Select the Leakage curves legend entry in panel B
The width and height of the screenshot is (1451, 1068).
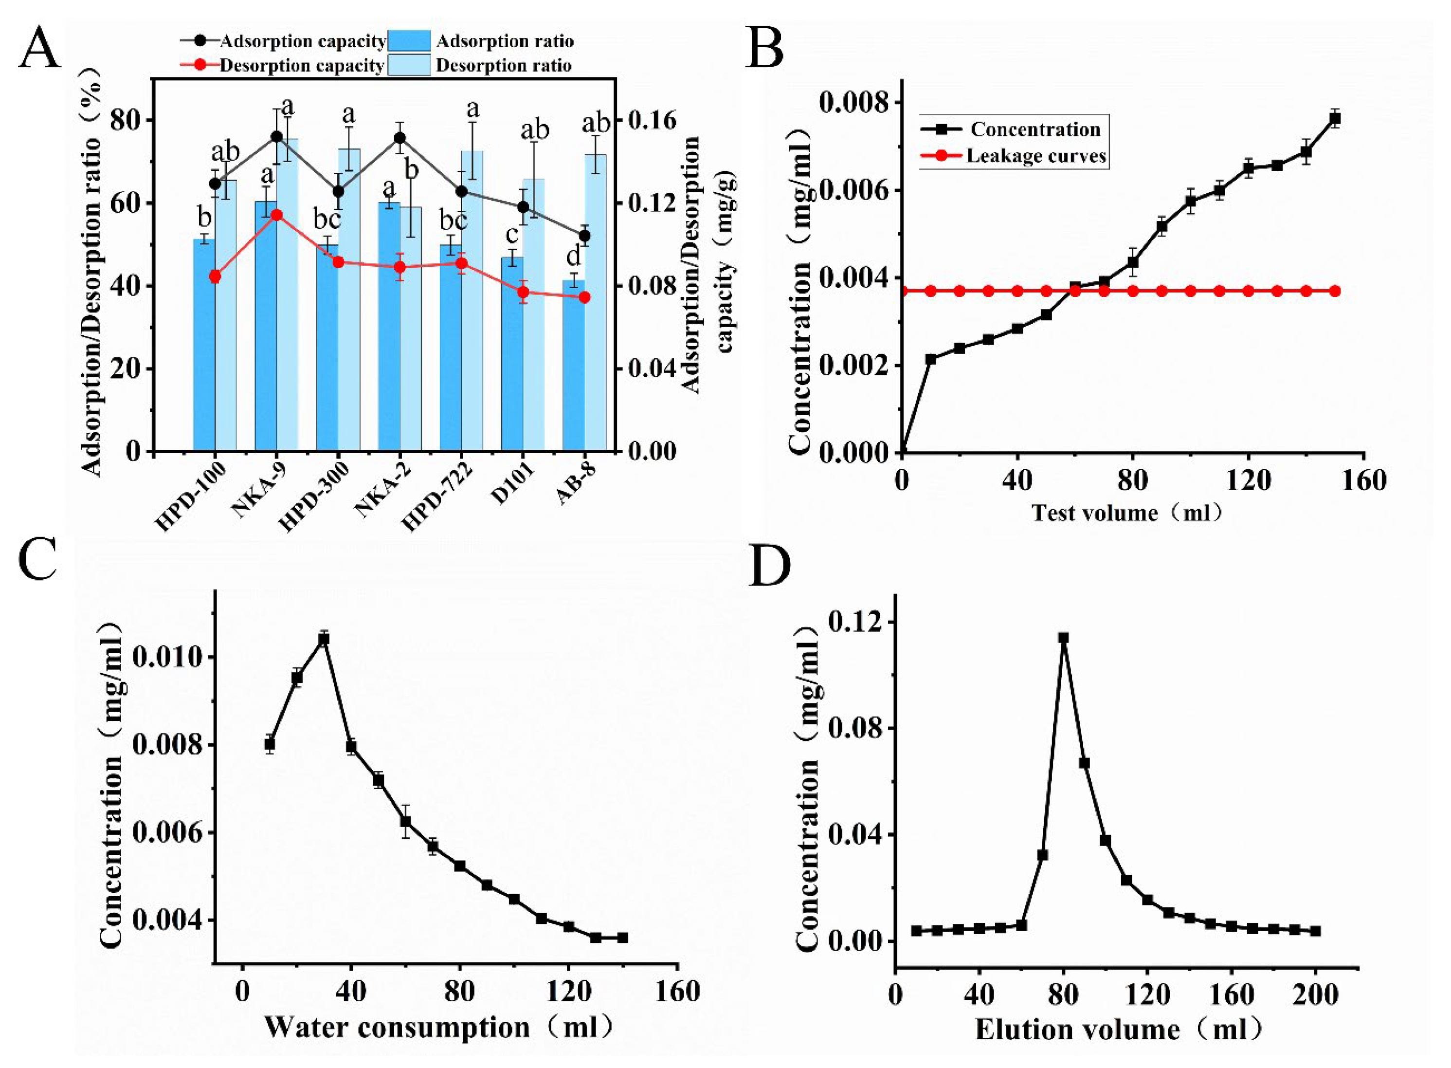coord(1035,156)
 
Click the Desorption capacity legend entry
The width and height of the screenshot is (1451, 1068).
coord(302,65)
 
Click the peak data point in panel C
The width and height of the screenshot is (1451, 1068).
coord(324,639)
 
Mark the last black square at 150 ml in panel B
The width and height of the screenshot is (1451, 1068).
coord(1335,118)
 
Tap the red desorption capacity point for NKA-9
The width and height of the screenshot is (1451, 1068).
coord(276,215)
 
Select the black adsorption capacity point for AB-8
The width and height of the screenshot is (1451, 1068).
coord(585,236)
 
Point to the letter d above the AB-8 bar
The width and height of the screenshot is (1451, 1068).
coord(573,256)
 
